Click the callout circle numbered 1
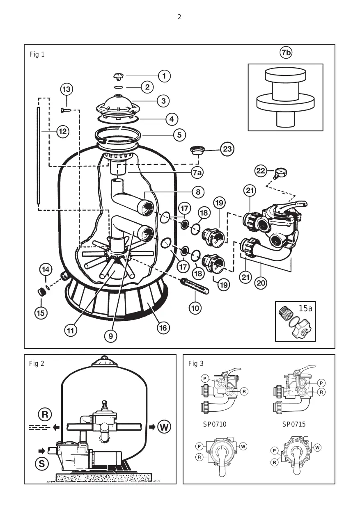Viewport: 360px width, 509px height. [x=164, y=76]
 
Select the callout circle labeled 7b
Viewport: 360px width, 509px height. [x=286, y=53]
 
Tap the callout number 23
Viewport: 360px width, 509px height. [x=227, y=149]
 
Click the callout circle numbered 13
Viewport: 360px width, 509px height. [x=66, y=89]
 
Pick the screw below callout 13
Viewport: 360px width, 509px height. [x=66, y=110]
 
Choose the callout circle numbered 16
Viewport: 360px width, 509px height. [x=163, y=328]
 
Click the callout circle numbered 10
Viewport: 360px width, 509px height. [x=195, y=308]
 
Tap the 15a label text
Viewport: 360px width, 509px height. [x=305, y=308]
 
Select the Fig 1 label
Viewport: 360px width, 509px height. [x=37, y=55]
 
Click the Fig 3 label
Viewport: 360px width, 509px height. [x=196, y=363]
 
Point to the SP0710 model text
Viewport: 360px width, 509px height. [x=215, y=424]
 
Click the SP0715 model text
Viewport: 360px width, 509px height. [x=294, y=424]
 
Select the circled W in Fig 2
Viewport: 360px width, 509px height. [x=164, y=427]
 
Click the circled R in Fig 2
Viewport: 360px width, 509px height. [x=45, y=415]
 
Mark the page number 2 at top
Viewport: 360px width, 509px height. [x=179, y=17]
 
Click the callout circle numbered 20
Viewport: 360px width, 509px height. [x=261, y=283]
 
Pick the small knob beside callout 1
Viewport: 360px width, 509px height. [x=118, y=76]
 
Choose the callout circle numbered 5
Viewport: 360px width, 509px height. [x=179, y=135]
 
